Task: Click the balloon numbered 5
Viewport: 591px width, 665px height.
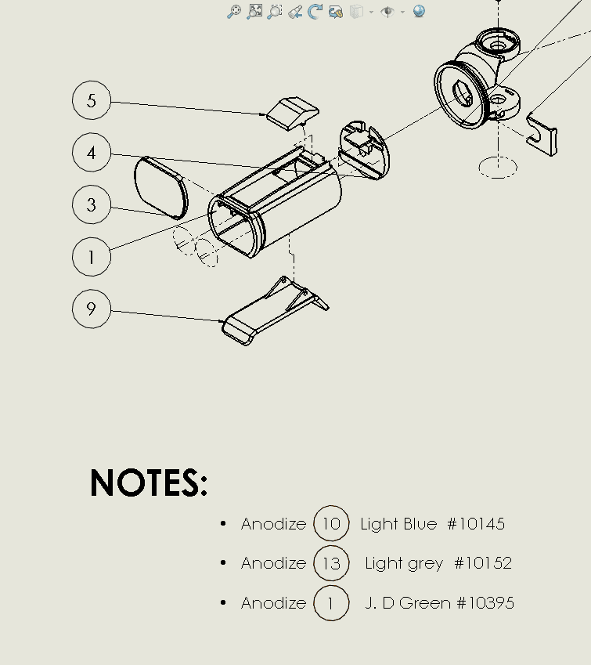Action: [92, 100]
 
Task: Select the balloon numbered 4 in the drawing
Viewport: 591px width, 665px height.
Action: [92, 153]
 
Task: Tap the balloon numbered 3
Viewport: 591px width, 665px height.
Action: [92, 205]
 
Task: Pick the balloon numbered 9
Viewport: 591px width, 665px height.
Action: [92, 309]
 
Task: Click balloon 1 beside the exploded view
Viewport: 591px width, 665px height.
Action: [92, 257]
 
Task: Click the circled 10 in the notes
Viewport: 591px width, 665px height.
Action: [331, 524]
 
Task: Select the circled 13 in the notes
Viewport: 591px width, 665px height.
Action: [331, 563]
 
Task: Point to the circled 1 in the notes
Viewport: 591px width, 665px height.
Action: [331, 603]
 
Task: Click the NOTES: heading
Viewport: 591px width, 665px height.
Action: [149, 483]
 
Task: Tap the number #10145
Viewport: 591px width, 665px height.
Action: [476, 524]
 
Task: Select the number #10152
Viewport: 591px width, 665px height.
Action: [482, 563]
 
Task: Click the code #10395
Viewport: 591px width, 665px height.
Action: [485, 603]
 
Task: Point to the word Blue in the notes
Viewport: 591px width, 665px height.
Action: [420, 524]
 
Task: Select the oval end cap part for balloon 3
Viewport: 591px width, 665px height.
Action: [161, 186]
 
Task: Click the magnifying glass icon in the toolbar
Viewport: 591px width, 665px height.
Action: [233, 11]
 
